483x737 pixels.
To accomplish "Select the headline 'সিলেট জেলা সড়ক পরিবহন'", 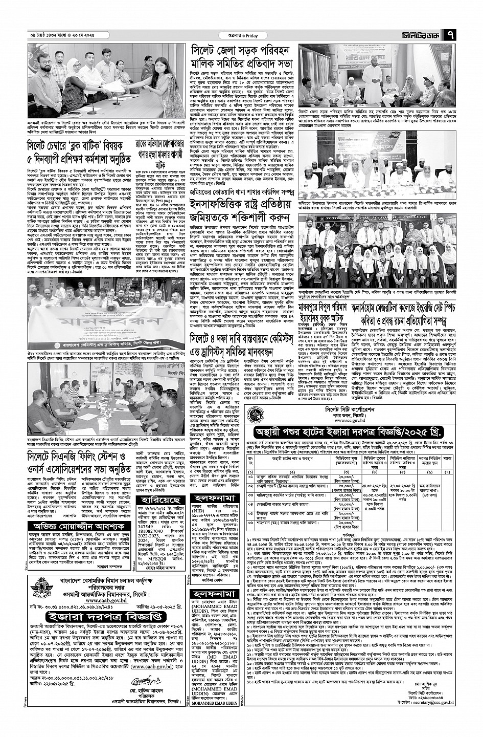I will [240, 51].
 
